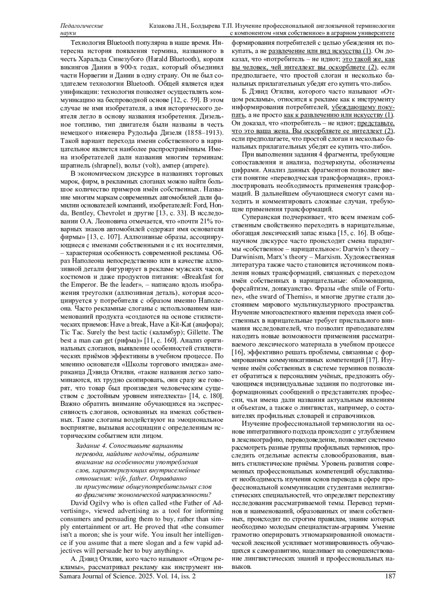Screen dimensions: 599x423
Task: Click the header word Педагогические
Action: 82,26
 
